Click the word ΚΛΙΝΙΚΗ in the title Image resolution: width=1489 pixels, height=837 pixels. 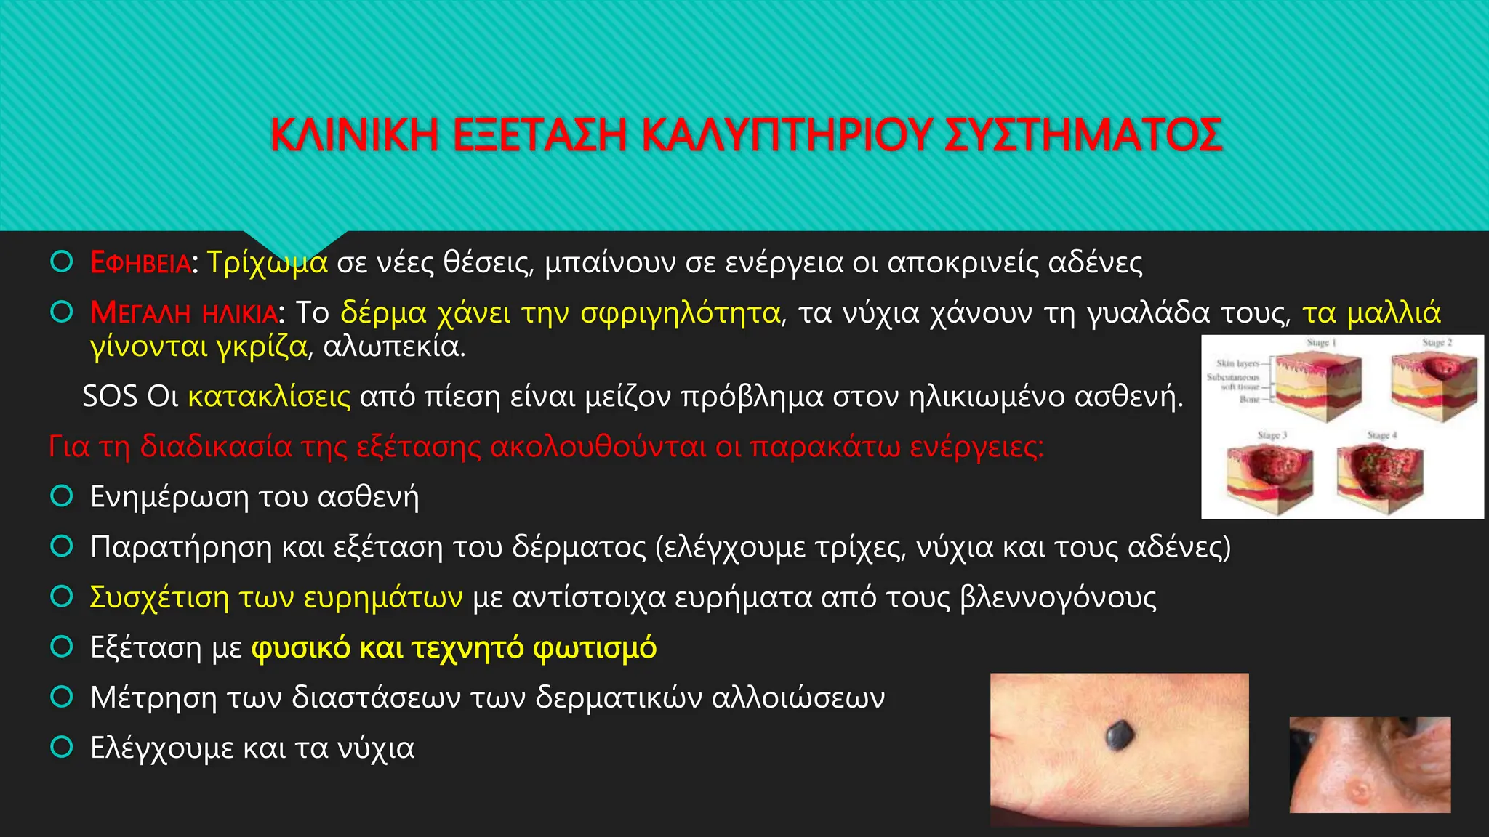click(354, 135)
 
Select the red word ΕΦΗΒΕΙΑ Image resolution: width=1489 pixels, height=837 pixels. click(140, 263)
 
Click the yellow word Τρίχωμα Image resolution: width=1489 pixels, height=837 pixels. click(267, 263)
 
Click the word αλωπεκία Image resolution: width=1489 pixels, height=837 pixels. click(393, 347)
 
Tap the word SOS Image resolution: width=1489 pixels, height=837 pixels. click(110, 397)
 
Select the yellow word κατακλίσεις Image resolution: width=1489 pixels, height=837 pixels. click(269, 397)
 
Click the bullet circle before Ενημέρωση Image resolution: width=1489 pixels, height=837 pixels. click(62, 496)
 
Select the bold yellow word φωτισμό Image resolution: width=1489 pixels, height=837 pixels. click(595, 647)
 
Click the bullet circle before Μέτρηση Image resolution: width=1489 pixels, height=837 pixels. click(62, 697)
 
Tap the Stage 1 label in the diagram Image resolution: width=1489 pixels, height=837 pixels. click(1321, 342)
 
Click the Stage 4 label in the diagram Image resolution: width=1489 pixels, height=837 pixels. click(1381, 435)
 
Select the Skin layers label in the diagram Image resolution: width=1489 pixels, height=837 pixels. click(1237, 363)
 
